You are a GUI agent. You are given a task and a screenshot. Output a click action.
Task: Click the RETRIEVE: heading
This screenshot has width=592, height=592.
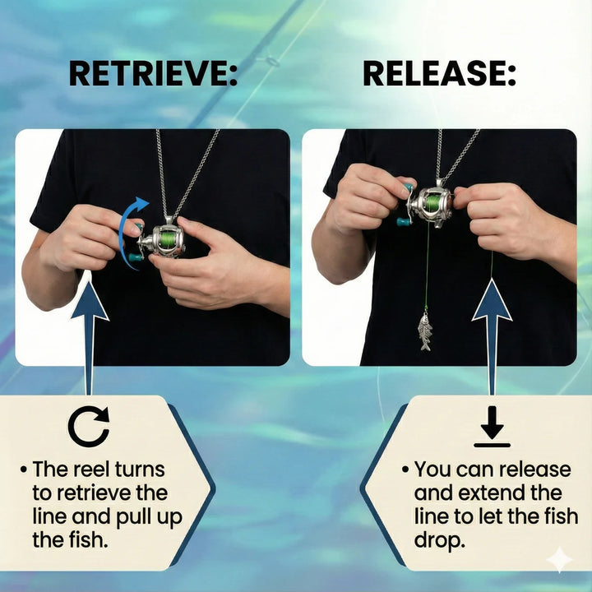click(x=153, y=74)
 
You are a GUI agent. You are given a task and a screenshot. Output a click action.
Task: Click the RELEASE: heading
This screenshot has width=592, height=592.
click(x=439, y=74)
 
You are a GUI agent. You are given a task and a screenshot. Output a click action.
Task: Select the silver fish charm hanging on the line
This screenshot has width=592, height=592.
click(x=425, y=331)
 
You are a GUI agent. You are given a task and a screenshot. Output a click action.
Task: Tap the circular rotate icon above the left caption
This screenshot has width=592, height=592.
click(x=89, y=428)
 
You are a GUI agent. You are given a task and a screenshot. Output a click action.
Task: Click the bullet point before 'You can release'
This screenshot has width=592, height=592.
click(x=405, y=469)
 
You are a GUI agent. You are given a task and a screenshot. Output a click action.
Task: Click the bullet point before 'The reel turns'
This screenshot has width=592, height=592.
click(x=24, y=469)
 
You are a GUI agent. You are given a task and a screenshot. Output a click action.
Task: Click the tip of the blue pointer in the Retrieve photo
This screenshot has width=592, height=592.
click(x=90, y=283)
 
